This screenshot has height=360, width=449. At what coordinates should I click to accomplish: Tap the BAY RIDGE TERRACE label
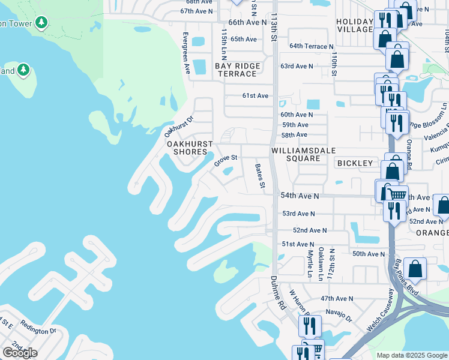237,70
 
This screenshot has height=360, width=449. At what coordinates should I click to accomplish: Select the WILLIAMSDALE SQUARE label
303,154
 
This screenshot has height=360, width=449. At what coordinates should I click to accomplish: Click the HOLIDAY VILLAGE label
354,26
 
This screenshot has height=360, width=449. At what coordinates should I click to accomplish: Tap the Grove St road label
226,161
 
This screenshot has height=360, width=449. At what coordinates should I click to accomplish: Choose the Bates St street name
260,176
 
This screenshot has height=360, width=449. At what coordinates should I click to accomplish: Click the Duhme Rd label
278,293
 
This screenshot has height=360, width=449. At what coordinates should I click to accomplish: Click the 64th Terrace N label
311,46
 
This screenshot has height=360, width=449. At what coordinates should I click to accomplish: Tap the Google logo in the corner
20,352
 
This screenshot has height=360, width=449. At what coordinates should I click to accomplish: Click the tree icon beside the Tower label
41,23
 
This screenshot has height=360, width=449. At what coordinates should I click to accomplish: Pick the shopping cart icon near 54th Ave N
397,194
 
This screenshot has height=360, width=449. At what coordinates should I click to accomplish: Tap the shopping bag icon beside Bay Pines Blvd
415,268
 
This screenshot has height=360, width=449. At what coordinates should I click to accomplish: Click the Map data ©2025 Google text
411,355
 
